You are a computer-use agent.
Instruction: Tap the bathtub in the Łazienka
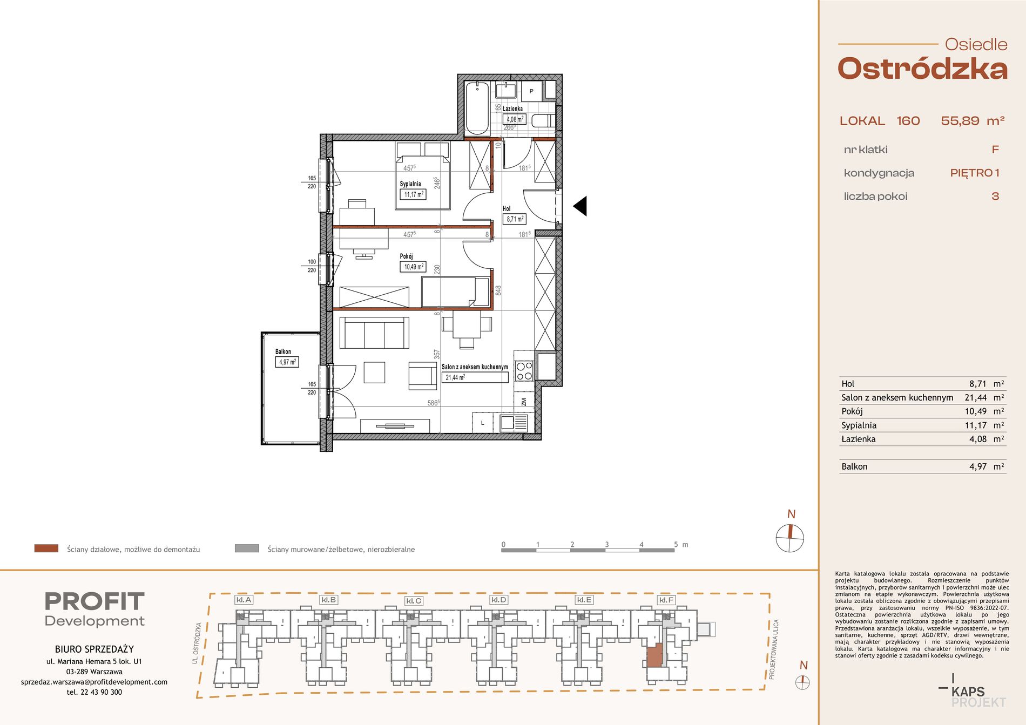pos(477,108)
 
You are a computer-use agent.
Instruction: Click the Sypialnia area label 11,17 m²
pos(413,194)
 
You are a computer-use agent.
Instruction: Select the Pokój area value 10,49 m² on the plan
pos(414,267)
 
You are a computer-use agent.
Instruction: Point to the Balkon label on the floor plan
pos(283,351)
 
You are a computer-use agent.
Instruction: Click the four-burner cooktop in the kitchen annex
pos(524,370)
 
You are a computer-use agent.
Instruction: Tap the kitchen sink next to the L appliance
pos(514,422)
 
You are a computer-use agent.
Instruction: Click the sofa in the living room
pos(374,333)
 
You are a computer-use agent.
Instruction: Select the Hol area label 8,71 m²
pos(515,219)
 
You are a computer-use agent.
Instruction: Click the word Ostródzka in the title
pos(922,69)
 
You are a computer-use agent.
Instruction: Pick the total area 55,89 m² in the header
pos(973,121)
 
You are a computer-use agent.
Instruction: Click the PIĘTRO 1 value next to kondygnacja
pos(975,173)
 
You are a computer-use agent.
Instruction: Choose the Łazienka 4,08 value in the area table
pos(978,439)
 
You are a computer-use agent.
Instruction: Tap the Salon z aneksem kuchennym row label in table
pos(897,397)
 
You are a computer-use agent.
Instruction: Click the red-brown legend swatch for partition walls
pos(46,548)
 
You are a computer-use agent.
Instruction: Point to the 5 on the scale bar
pos(676,544)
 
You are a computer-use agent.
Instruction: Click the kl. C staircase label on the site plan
pos(414,601)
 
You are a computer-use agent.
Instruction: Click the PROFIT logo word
pos(94,601)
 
